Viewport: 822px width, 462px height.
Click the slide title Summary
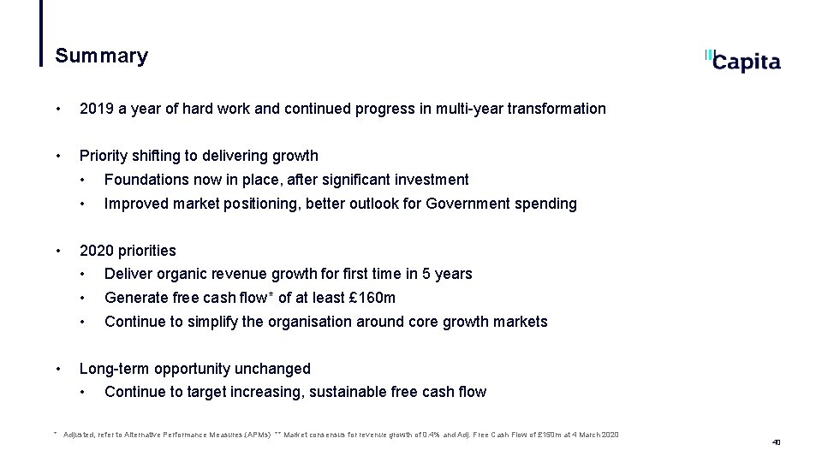pyautogui.click(x=101, y=56)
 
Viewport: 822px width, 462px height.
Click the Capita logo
pyautogui.click(x=743, y=61)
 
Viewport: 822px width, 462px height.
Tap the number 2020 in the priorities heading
pyautogui.click(x=96, y=251)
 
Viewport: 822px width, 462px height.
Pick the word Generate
pyautogui.click(x=134, y=298)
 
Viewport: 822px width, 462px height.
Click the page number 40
pyautogui.click(x=776, y=442)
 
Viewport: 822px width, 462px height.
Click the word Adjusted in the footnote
pyautogui.click(x=80, y=435)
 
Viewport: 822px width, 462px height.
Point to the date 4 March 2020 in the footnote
pyautogui.click(x=595, y=435)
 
